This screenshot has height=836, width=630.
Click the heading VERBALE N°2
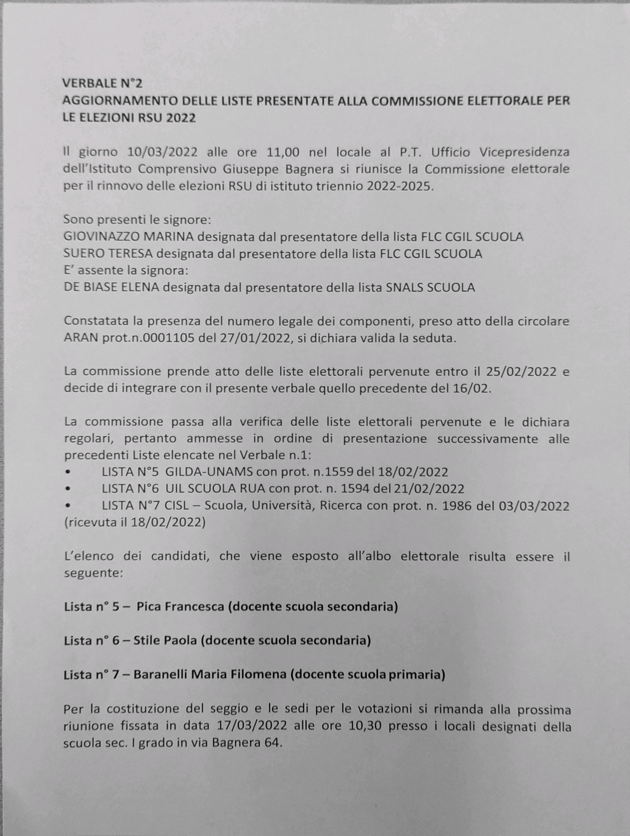(102, 83)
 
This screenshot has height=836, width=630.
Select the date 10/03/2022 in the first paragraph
(162, 152)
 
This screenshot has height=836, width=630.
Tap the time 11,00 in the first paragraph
(283, 152)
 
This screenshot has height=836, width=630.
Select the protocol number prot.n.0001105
(148, 338)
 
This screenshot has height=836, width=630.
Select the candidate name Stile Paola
(165, 641)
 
